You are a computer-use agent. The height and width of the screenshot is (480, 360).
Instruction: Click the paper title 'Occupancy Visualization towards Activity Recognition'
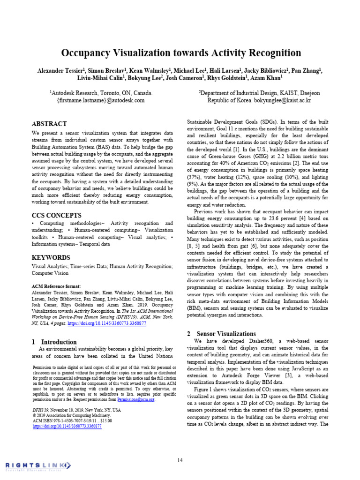coord(180,52)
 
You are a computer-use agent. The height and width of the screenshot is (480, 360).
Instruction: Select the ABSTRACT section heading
coord(49,124)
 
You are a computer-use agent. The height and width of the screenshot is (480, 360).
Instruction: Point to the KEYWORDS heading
coord(51,257)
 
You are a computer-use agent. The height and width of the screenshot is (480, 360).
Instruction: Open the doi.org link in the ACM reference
coord(107,323)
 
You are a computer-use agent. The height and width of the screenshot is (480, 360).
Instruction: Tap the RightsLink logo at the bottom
coord(38,465)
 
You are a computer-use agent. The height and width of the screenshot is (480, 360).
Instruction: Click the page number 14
coord(180,460)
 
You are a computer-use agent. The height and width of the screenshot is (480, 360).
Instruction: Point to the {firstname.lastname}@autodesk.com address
coord(101,100)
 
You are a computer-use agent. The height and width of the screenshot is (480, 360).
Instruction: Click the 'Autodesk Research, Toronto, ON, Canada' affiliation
coord(101,93)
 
